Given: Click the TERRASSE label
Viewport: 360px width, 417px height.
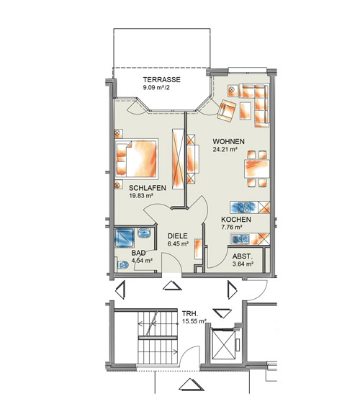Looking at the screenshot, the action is pyautogui.click(x=162, y=79).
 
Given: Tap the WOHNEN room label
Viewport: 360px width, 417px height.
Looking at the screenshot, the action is pyautogui.click(x=228, y=141).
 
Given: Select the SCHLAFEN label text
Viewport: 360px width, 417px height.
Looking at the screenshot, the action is pyautogui.click(x=148, y=188).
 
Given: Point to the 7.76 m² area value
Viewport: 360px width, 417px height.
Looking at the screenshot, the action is pyautogui.click(x=232, y=227).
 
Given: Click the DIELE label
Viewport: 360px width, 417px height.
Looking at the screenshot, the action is pyautogui.click(x=178, y=236).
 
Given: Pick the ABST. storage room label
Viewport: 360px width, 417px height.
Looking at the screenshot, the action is pyautogui.click(x=242, y=256).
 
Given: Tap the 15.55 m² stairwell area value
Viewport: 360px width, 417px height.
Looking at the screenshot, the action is pyautogui.click(x=194, y=321).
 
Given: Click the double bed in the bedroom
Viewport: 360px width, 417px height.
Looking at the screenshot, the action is pyautogui.click(x=137, y=158).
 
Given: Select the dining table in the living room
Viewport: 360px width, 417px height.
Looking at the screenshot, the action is pyautogui.click(x=257, y=169).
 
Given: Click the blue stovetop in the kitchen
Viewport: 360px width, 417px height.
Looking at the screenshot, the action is pyautogui.click(x=244, y=207).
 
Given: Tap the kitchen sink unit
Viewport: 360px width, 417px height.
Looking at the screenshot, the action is pyautogui.click(x=240, y=239).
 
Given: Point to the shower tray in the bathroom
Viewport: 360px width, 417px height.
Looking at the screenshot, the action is pyautogui.click(x=124, y=238).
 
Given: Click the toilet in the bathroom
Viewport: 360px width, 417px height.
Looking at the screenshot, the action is pyautogui.click(x=123, y=264).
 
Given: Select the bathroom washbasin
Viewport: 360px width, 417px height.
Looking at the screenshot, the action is pyautogui.click(x=145, y=233).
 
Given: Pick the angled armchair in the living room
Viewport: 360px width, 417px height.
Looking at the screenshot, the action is pyautogui.click(x=227, y=110).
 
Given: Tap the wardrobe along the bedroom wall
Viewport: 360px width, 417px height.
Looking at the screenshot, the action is pyautogui.click(x=178, y=158).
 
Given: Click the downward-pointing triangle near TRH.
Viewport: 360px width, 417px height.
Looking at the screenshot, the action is pyautogui.click(x=222, y=313).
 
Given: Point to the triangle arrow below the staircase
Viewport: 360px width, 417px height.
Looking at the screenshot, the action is pyautogui.click(x=192, y=385).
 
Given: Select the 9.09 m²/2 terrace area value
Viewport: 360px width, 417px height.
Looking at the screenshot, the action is pyautogui.click(x=156, y=87).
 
